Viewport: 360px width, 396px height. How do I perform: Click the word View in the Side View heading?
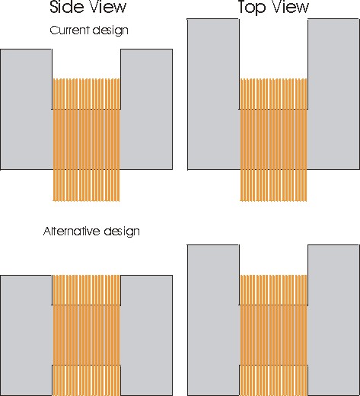[109, 7]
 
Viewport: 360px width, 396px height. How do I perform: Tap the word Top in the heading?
[252, 8]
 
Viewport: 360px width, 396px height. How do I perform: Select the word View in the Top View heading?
[290, 7]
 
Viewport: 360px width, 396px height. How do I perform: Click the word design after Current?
[110, 30]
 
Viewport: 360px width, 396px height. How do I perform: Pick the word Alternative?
[72, 232]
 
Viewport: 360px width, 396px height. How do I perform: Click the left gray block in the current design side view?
[27, 110]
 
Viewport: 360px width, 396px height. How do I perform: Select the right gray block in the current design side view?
[146, 110]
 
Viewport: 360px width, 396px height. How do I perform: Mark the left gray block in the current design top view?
[213, 94]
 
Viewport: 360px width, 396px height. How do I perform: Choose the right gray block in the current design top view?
[333, 94]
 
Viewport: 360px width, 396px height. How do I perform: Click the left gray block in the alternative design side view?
[27, 335]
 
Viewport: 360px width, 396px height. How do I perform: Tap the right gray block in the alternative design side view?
[146, 335]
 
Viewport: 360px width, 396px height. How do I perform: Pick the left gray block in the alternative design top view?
[213, 321]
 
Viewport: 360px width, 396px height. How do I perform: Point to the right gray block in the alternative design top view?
[333, 321]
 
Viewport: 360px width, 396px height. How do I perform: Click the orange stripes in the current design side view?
[86, 140]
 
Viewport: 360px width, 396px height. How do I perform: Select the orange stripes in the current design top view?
[273, 140]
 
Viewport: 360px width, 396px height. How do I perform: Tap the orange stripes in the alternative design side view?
[86, 335]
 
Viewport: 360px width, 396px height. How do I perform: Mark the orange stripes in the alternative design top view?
[273, 335]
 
